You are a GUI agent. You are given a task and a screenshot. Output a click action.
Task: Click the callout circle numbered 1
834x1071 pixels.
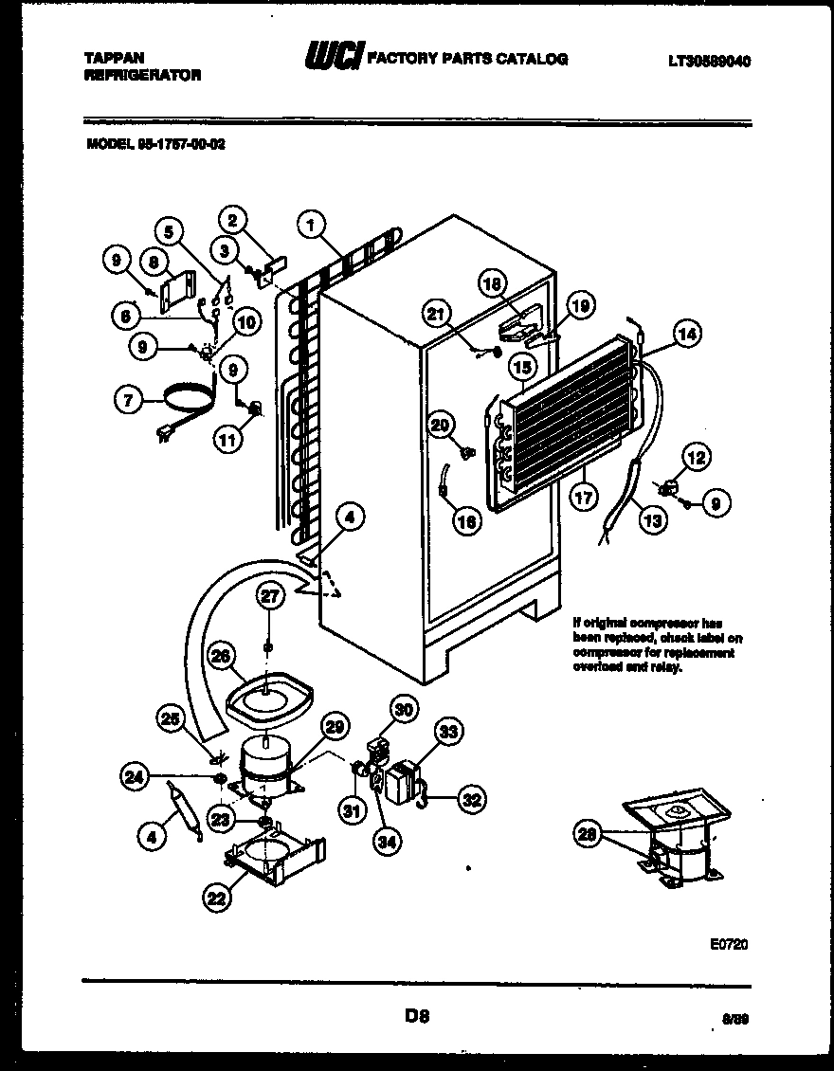pyautogui.click(x=310, y=226)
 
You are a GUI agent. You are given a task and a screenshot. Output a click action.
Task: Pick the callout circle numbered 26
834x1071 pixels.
pyautogui.click(x=219, y=656)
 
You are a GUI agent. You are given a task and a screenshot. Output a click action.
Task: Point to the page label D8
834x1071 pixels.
pyautogui.click(x=417, y=1017)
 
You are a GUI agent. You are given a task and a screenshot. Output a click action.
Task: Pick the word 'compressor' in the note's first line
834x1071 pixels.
pyautogui.click(x=666, y=623)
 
